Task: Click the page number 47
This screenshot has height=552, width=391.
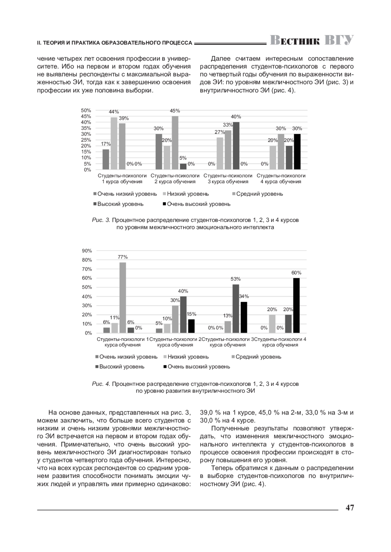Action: (x=350, y=508)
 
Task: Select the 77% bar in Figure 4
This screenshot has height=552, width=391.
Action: (x=123, y=297)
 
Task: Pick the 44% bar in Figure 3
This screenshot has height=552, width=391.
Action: (x=114, y=143)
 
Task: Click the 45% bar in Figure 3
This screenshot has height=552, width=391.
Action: (x=175, y=142)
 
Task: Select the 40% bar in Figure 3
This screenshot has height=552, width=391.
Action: (x=236, y=145)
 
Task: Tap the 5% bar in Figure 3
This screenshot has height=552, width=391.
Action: (x=183, y=166)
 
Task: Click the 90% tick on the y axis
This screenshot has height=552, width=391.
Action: (x=87, y=251)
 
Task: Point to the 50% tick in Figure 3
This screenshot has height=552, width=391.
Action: (x=86, y=111)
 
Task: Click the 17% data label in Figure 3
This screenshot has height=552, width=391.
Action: (x=106, y=144)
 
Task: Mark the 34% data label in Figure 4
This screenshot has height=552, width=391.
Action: (x=244, y=296)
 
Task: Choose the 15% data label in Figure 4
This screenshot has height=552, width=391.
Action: (x=191, y=314)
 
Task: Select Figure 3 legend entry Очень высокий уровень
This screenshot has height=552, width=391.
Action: (x=198, y=204)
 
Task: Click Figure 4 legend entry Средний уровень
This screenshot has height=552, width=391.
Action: (x=258, y=357)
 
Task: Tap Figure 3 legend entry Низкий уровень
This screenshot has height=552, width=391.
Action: (x=188, y=194)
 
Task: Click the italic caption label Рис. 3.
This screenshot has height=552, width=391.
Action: (x=101, y=220)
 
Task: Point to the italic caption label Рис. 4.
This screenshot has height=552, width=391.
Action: (x=101, y=384)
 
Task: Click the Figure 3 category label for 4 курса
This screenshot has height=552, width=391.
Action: (x=281, y=179)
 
